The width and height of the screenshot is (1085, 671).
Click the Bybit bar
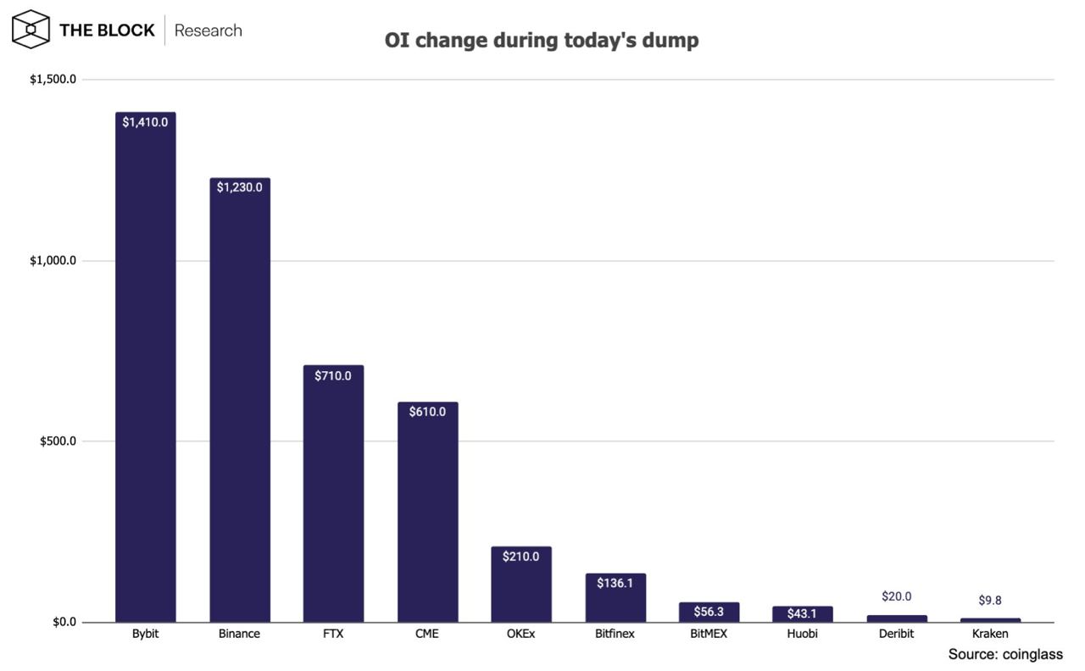tap(145, 367)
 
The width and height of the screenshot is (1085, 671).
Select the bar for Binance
tap(240, 400)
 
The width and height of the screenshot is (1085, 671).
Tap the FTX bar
tap(333, 493)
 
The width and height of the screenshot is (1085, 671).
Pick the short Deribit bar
tap(897, 618)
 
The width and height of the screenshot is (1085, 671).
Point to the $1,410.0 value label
tap(145, 122)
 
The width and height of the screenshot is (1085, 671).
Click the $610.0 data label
tap(427, 412)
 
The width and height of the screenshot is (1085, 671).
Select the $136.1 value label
tap(615, 583)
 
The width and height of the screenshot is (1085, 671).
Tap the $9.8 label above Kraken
tap(990, 601)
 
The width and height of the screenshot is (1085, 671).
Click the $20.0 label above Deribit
tap(897, 596)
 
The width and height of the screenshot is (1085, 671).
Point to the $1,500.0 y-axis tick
tap(53, 79)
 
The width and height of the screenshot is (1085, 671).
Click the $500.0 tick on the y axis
tap(58, 441)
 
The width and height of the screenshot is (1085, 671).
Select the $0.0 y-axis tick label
tap(64, 622)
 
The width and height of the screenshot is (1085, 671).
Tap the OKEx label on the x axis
tap(520, 634)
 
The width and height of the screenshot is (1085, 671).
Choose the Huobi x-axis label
tap(802, 634)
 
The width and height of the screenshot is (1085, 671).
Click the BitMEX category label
tap(709, 634)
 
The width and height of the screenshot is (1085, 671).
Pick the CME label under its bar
tap(426, 634)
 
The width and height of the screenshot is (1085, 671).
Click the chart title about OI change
tap(542, 40)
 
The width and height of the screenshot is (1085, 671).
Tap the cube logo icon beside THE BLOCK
tap(31, 30)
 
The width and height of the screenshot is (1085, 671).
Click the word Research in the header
tap(209, 30)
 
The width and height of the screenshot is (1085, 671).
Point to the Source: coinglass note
tap(1005, 655)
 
